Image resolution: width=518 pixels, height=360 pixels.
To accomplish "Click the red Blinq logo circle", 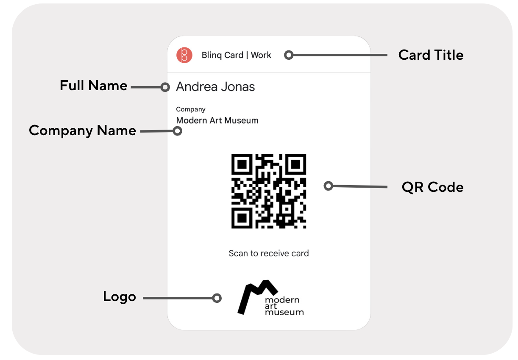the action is tap(184, 55).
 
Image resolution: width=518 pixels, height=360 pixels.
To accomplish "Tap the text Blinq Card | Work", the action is tap(236, 55).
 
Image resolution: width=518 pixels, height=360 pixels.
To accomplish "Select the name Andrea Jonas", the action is tap(215, 87).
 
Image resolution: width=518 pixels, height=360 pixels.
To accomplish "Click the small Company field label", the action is tap(191, 109).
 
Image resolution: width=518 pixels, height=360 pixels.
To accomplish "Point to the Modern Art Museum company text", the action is tap(217, 120).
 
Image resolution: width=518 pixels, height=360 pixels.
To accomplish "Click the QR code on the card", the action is tap(269, 191).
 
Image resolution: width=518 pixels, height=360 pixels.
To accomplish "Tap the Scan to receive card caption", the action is tap(269, 253).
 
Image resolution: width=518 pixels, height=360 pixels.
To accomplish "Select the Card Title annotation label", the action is tap(431, 55).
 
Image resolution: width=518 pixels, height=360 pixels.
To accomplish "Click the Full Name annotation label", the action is tap(93, 86).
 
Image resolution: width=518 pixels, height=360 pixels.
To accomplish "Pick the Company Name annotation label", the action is tap(82, 130).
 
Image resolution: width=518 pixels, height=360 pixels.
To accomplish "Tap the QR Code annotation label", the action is tap(432, 187).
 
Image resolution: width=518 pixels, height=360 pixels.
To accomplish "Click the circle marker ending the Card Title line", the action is tap(289, 55).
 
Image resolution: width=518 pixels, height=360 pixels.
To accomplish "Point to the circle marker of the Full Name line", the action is tap(165, 87).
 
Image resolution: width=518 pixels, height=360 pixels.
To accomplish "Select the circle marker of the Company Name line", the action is tap(177, 131).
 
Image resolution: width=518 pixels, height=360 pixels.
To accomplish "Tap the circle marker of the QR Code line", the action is tap(329, 186).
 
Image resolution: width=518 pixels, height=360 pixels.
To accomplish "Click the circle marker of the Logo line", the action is tap(217, 298).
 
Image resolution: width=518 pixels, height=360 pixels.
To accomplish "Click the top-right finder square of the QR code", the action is tap(296, 164).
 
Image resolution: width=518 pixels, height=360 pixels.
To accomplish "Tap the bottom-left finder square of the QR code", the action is tap(242, 218).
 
